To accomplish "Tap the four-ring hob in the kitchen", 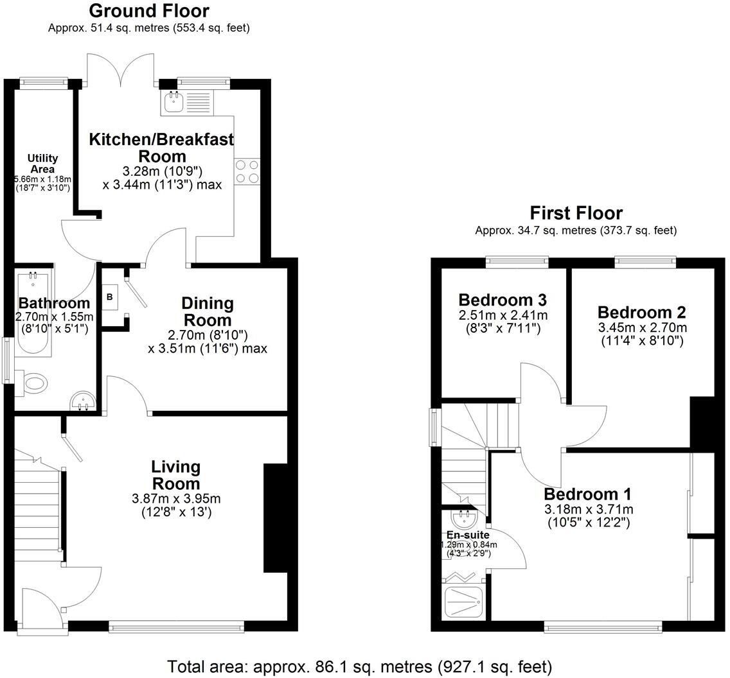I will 247,171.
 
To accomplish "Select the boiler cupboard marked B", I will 110,297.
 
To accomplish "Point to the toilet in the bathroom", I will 33,384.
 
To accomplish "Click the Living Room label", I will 175,475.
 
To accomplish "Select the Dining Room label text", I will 207,311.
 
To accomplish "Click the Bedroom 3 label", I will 502,300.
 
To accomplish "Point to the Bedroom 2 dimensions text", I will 641,334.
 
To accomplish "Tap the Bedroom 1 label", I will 587,494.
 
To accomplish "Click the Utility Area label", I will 42,163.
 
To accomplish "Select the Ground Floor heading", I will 148,11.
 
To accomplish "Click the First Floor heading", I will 576,213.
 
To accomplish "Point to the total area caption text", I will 359,666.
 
